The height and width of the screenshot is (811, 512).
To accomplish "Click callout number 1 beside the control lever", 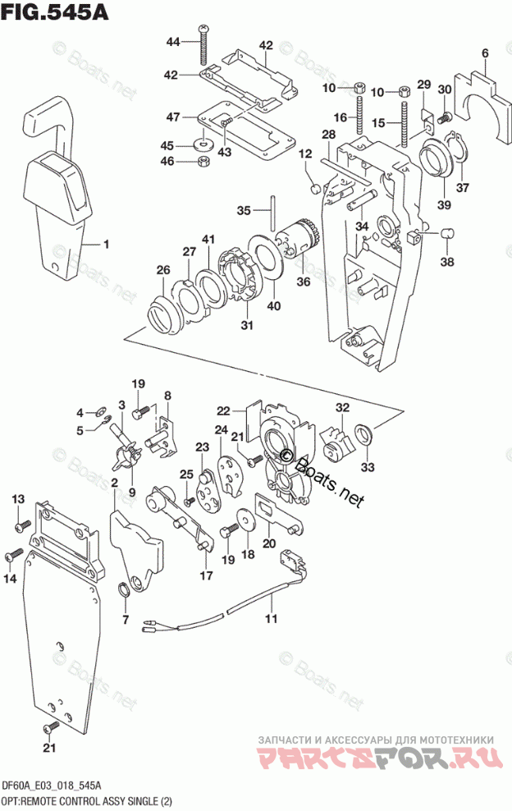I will tap(106, 244).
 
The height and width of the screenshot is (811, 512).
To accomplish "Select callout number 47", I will tap(172, 117).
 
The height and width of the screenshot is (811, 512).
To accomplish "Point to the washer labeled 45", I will tap(202, 145).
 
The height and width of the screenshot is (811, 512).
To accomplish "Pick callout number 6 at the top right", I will tap(484, 55).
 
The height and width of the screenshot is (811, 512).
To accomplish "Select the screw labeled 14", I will tap(13, 556).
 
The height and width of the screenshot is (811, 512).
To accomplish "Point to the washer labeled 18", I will tap(244, 520).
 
